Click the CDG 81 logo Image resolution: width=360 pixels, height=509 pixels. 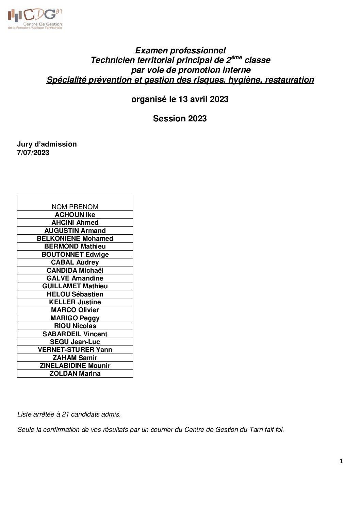(35, 19)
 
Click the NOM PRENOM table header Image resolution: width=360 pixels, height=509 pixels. (75, 207)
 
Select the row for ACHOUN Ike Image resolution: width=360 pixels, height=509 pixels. (75, 215)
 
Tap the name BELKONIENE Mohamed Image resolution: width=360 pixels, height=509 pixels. (75, 238)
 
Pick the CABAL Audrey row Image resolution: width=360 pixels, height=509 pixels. (75, 262)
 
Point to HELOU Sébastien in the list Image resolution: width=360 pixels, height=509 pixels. (75, 294)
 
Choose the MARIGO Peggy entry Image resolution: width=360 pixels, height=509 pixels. (75, 318)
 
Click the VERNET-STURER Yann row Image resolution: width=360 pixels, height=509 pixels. (75, 350)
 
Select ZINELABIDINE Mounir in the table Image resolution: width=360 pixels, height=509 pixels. (75, 366)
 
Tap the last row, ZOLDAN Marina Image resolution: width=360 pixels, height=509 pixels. (75, 373)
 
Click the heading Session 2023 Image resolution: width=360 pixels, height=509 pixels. (180, 118)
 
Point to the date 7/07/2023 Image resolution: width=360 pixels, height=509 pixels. (33, 153)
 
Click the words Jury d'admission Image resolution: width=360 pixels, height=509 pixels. (47, 144)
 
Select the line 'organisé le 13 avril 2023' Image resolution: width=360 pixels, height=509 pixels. (180, 99)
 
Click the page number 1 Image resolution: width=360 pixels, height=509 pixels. (341, 461)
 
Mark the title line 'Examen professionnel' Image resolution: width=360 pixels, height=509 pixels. (180, 51)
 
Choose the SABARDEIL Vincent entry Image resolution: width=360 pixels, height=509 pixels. (75, 334)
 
